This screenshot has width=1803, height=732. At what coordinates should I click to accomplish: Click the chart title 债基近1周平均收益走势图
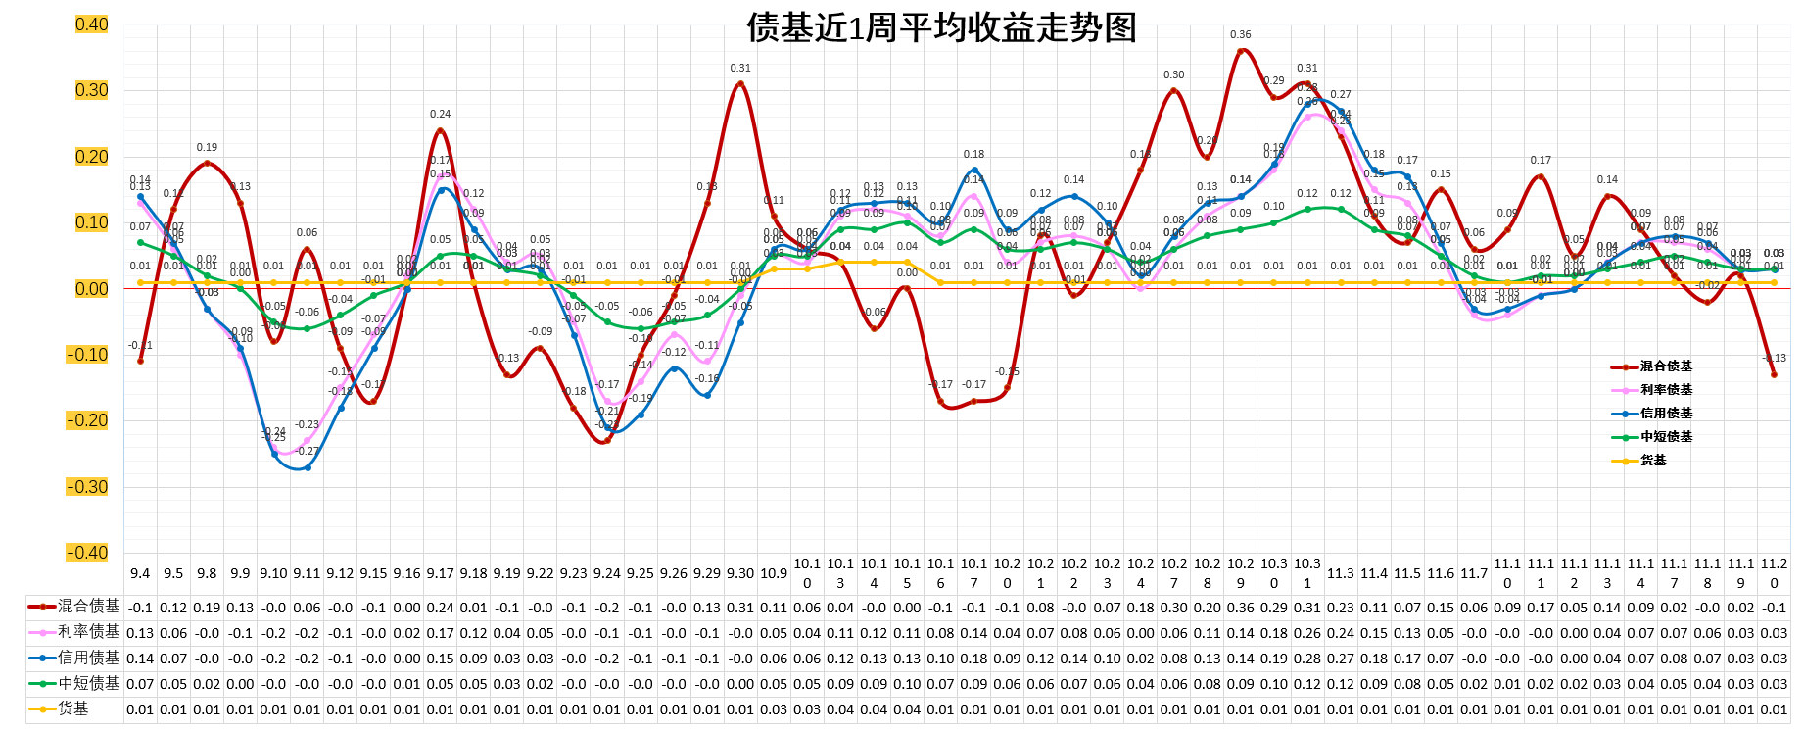pos(941,26)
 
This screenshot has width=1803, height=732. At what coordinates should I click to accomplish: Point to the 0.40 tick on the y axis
pos(91,24)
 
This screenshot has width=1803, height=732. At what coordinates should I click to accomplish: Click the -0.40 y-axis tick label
pos(88,553)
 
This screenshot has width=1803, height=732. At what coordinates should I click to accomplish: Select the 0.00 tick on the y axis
pos(91,289)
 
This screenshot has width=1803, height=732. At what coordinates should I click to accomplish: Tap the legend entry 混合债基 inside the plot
pos(1666,366)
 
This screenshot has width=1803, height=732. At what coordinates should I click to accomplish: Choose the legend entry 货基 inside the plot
pos(1653,461)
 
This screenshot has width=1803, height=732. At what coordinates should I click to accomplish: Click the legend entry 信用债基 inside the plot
pos(1666,414)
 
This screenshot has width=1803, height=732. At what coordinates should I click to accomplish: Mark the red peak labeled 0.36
pos(1241,51)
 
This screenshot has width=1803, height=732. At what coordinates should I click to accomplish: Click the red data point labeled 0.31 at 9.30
pos(740,84)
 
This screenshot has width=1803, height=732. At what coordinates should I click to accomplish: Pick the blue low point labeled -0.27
pos(307,467)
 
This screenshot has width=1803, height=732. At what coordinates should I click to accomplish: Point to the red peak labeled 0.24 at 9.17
pos(440,130)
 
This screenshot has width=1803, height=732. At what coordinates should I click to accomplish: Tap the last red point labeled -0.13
pos(1774,374)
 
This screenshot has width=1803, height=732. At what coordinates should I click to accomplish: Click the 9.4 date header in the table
pos(140,573)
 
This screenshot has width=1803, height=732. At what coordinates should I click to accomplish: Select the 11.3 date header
pos(1341,573)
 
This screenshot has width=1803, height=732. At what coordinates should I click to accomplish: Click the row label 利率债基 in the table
pos(88,632)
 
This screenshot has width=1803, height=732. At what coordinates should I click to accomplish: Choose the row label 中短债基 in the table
pos(88,683)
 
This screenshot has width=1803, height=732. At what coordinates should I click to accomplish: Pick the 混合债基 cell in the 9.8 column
pos(207,608)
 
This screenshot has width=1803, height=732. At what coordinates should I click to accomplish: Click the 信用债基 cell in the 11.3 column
pos(1341,659)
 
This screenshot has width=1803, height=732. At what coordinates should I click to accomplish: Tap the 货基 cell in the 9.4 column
pos(140,709)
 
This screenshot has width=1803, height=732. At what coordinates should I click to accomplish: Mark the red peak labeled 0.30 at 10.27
pos(1174,90)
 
